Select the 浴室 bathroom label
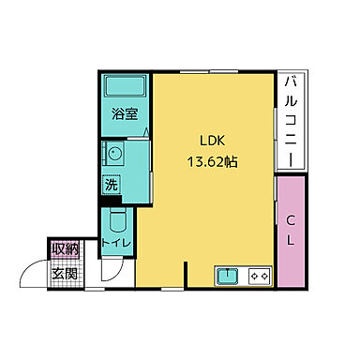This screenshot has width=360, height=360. point(126,116)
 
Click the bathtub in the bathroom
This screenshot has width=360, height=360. point(124,90)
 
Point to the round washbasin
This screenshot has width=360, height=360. point(113,155)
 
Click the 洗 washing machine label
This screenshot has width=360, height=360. point(111,184)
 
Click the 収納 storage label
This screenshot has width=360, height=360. point(65,250)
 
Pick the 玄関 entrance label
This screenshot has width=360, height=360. point(64,274)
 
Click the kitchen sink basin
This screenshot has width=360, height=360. point(228,277)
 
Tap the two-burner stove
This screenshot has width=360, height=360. point(259,277)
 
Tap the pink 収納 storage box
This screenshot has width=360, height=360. point(65,250)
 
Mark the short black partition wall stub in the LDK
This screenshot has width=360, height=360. point(186,275)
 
